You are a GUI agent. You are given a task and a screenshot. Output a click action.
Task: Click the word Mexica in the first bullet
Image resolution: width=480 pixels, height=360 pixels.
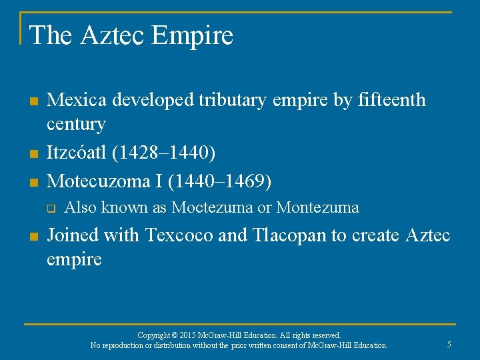tap(77, 100)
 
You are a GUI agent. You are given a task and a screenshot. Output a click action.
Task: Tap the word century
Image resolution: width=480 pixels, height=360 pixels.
tap(75, 124)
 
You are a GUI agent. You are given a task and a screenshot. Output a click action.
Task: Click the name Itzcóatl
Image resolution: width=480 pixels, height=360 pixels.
tap(77, 153)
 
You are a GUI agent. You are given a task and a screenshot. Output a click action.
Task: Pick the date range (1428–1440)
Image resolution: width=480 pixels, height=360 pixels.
tap(165, 153)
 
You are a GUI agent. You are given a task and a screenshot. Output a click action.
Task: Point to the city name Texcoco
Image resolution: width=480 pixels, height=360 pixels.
tap(180, 235)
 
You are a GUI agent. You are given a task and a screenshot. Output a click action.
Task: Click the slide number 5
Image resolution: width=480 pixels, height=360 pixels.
tap(449, 344)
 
